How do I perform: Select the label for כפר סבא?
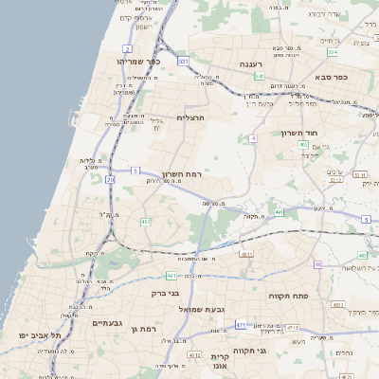click(x=334, y=78)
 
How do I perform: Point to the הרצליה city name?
click(x=190, y=117)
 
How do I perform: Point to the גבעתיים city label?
click(x=106, y=322)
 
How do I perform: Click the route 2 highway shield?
click(x=128, y=46)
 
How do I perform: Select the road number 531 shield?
click(x=183, y=61)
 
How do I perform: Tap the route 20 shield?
click(x=110, y=178)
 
